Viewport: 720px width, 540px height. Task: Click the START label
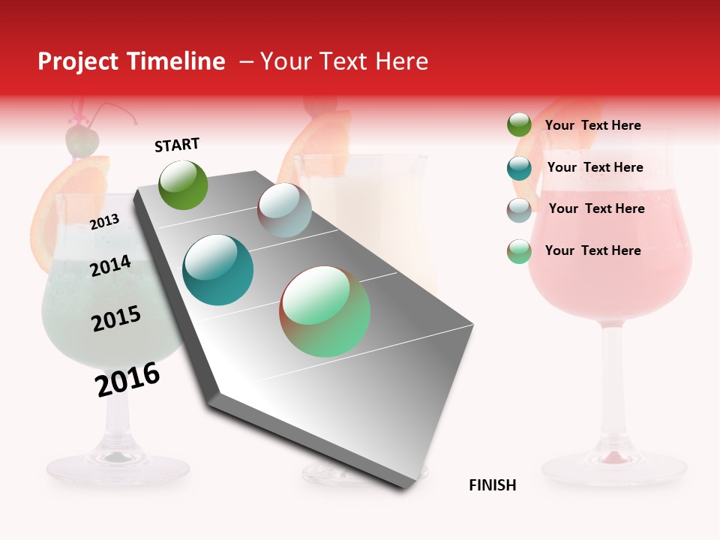pyautogui.click(x=177, y=145)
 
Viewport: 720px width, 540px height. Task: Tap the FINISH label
pyautogui.click(x=492, y=485)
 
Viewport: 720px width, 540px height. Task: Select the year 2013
pyautogui.click(x=104, y=221)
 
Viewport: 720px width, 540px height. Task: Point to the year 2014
pyautogui.click(x=110, y=265)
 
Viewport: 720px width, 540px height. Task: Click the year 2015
pyautogui.click(x=115, y=319)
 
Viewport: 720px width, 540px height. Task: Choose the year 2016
pyautogui.click(x=127, y=379)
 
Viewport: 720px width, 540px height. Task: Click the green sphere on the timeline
pyautogui.click(x=183, y=184)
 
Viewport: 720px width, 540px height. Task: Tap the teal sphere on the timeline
pyautogui.click(x=217, y=270)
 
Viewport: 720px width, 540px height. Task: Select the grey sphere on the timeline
pyautogui.click(x=284, y=210)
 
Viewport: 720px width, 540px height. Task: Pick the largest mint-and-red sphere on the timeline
pyautogui.click(x=325, y=311)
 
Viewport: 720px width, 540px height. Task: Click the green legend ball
pyautogui.click(x=519, y=125)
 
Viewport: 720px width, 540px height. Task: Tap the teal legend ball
pyautogui.click(x=519, y=168)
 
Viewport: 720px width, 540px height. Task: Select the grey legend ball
pyautogui.click(x=519, y=210)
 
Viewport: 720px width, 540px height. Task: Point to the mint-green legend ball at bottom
pyautogui.click(x=519, y=251)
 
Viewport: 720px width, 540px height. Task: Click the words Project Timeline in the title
pyautogui.click(x=131, y=61)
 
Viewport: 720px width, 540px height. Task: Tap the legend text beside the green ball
pyautogui.click(x=592, y=125)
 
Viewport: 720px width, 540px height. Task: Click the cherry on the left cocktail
pyautogui.click(x=81, y=139)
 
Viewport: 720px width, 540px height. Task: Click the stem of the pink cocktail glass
pyautogui.click(x=613, y=390)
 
